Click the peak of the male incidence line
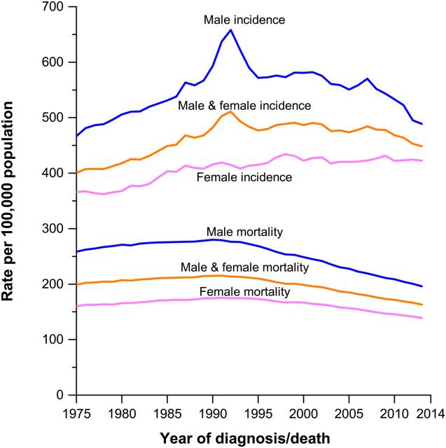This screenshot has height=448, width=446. click(231, 30)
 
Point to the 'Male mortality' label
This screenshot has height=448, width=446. click(239, 231)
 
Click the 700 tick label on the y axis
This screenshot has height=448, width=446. click(55, 8)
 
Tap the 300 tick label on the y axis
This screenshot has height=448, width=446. click(55, 229)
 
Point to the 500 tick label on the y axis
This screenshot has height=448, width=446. click(55, 118)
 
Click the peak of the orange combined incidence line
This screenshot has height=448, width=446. click(231, 112)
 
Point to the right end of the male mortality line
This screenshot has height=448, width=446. click(422, 286)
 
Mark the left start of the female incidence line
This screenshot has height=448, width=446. click(76, 192)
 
